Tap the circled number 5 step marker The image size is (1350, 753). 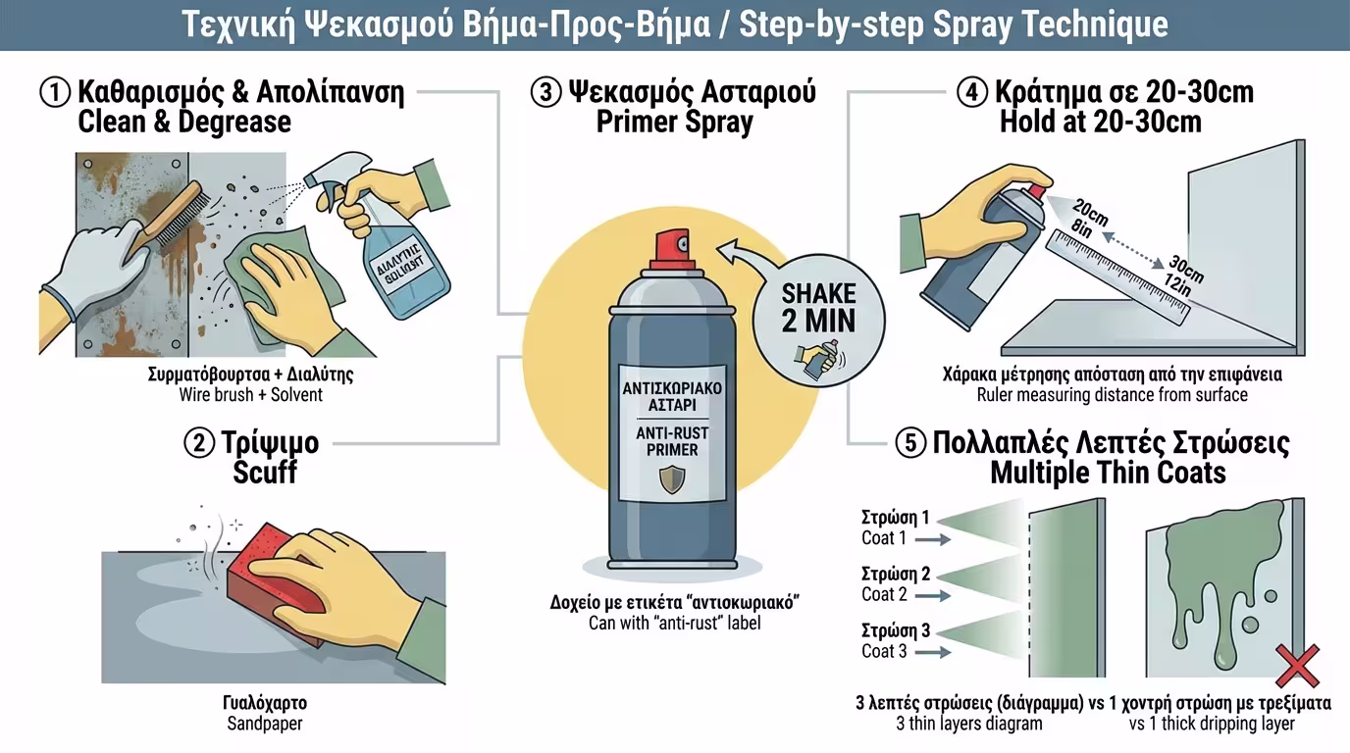pyautogui.click(x=909, y=443)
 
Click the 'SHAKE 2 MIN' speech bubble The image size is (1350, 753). pyautogui.click(x=819, y=310)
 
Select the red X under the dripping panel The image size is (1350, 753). pyautogui.click(x=1296, y=667)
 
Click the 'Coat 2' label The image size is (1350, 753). pyautogui.click(x=884, y=594)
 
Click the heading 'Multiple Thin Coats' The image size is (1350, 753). pyautogui.click(x=1108, y=473)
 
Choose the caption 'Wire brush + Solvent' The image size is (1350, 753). pyautogui.click(x=250, y=395)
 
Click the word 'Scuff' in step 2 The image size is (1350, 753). pyautogui.click(x=265, y=473)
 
